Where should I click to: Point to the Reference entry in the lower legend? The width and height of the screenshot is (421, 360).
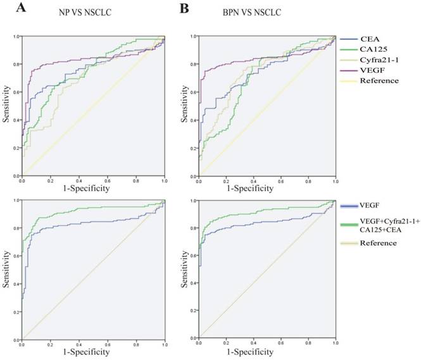384,243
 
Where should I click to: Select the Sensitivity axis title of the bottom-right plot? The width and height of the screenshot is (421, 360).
185,270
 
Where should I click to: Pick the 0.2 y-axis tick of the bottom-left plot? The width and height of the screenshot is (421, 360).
16,311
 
